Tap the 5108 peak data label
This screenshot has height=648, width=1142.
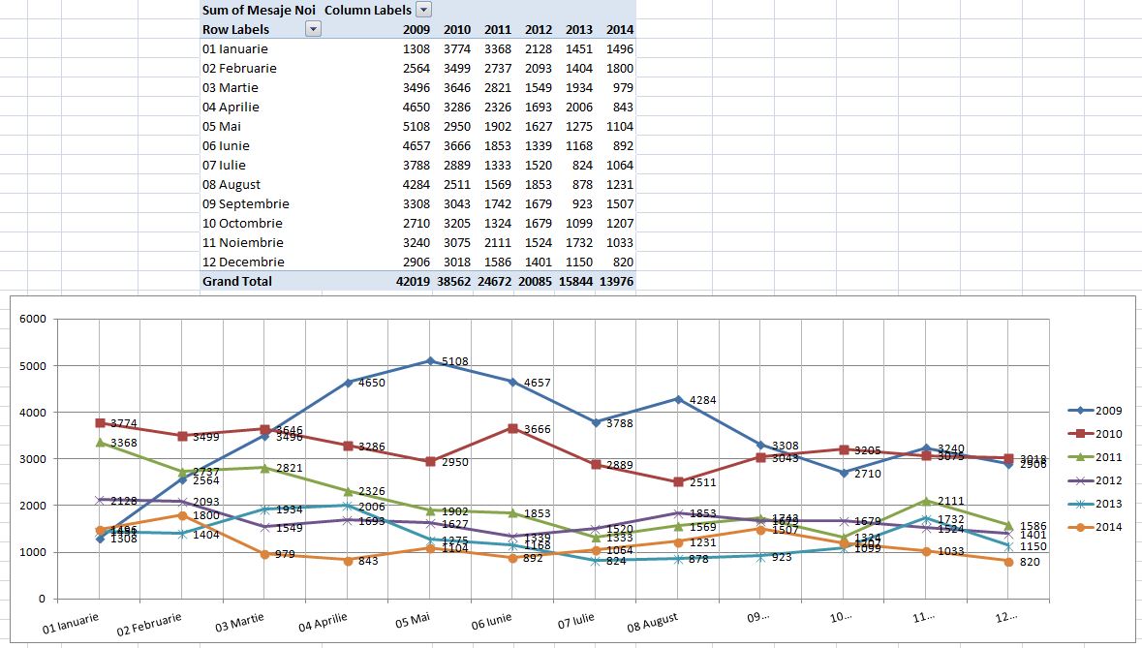[x=455, y=361]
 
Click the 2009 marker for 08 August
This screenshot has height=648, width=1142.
[x=678, y=399]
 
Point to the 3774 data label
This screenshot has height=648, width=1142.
[x=124, y=423]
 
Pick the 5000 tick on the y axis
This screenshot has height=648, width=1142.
[x=33, y=366]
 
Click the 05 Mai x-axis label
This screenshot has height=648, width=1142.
[x=412, y=619]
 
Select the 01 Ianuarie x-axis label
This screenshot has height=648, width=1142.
[x=70, y=623]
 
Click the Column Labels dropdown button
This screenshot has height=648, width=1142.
[x=423, y=10]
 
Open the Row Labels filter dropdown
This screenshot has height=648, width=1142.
[x=312, y=29]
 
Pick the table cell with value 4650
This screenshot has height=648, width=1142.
[x=417, y=107]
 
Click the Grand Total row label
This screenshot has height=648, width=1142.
[x=237, y=281]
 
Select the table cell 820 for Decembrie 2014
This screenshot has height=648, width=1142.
[x=623, y=262]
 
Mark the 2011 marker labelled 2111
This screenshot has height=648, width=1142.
[x=926, y=501]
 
